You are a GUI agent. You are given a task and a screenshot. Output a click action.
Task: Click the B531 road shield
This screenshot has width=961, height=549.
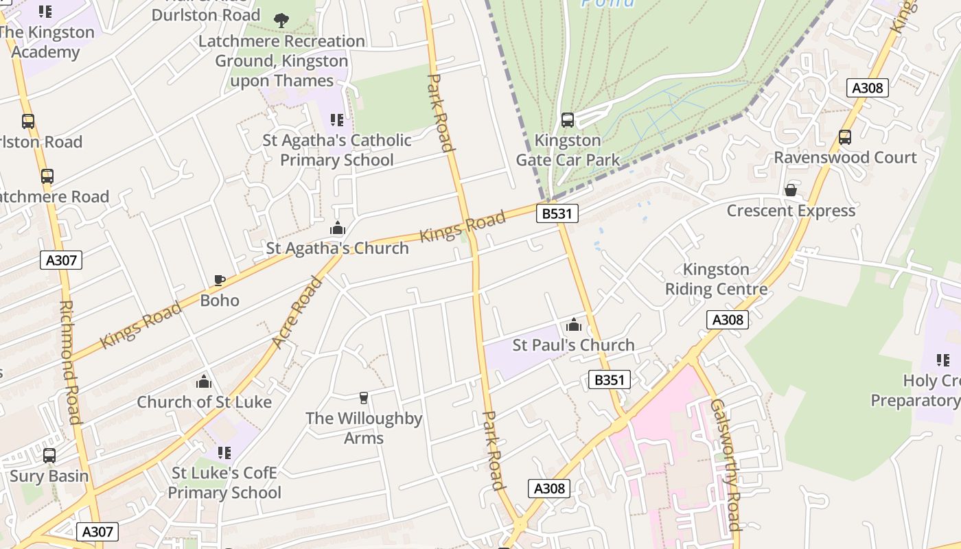click(x=556, y=213)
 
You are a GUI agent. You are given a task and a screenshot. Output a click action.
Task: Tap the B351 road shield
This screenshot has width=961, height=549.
click(x=609, y=379)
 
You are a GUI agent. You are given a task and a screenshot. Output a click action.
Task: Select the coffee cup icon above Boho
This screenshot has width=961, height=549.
click(x=220, y=280)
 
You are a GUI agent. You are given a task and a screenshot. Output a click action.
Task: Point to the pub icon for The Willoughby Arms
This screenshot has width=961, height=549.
click(x=364, y=397)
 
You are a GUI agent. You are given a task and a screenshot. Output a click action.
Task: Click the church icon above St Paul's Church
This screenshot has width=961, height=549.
click(x=574, y=325)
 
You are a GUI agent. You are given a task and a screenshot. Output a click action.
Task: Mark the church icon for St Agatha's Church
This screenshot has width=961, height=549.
click(x=338, y=229)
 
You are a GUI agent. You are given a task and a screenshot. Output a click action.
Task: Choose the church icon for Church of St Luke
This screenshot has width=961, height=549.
click(x=204, y=382)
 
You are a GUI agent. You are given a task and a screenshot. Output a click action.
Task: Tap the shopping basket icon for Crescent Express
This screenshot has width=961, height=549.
click(x=791, y=190)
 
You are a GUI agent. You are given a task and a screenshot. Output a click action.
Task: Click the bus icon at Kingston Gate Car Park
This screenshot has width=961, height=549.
click(x=568, y=120)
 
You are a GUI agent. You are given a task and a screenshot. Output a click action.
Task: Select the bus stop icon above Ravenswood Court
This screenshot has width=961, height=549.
click(x=845, y=137)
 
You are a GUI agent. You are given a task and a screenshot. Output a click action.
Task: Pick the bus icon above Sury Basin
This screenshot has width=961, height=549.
click(x=49, y=456)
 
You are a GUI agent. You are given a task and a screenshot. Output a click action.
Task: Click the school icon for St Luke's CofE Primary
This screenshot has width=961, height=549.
click(x=224, y=452)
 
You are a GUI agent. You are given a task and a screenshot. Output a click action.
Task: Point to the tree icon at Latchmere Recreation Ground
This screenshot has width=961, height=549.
click(x=281, y=21)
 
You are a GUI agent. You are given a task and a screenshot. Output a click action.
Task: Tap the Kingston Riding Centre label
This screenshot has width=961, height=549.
click(x=716, y=279)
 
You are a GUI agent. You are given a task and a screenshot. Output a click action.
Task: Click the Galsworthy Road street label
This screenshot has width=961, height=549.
click(x=726, y=465)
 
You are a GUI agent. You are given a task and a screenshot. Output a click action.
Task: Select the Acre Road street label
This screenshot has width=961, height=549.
click(x=297, y=312)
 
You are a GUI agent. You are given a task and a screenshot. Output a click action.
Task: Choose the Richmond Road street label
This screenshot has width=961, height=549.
click(x=70, y=362)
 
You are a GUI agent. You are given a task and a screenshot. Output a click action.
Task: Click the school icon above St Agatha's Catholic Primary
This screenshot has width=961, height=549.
click(x=336, y=120)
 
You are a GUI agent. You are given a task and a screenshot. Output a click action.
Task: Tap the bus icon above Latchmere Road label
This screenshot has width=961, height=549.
click(x=47, y=176)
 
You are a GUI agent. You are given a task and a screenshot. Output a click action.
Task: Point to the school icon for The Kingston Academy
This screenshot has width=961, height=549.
click(x=45, y=11)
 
